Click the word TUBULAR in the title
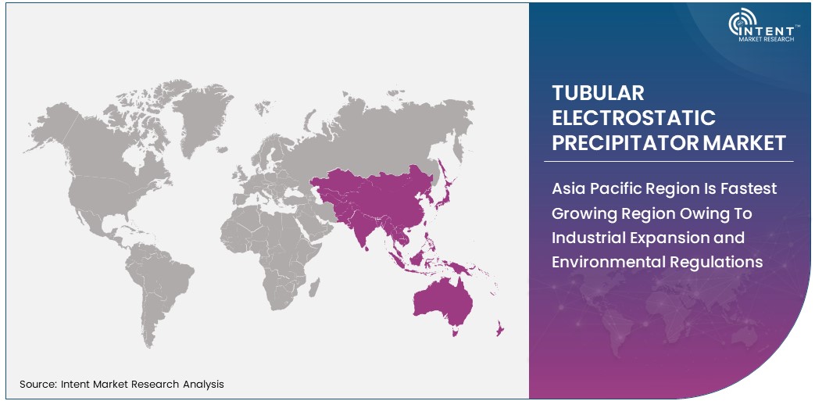(598, 92)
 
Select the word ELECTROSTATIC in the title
(634, 117)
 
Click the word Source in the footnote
(36, 384)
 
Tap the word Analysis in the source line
(202, 384)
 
